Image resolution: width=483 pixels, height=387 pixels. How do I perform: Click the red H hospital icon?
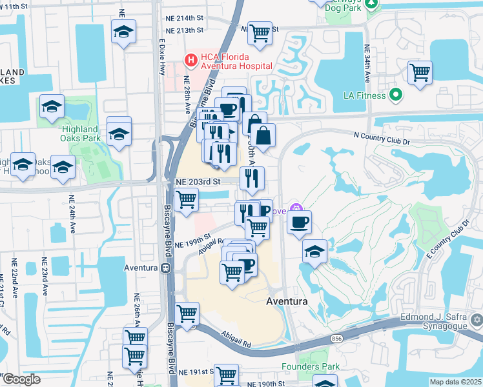191,61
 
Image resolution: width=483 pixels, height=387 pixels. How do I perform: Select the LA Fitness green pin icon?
396,95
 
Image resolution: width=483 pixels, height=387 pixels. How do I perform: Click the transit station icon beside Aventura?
167,268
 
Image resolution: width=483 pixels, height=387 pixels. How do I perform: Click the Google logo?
21,379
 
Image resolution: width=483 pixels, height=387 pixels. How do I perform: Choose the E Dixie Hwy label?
161,58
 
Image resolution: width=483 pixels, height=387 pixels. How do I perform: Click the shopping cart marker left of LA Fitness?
420,73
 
